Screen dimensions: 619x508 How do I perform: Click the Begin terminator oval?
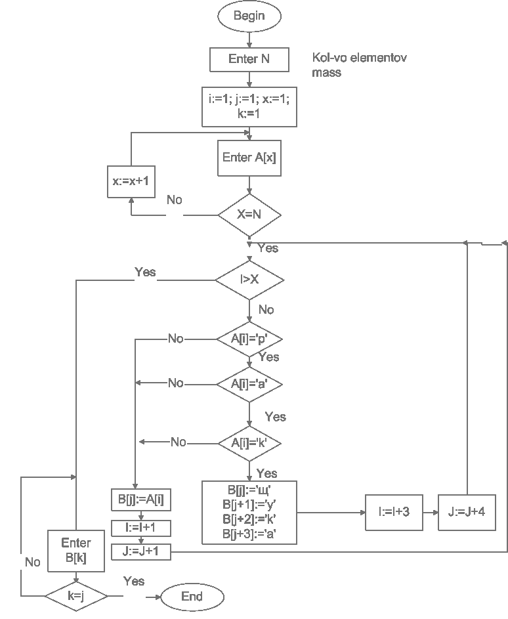(249, 16)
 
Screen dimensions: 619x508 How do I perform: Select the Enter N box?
(249, 59)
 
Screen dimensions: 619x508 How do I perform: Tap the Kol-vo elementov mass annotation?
(359, 66)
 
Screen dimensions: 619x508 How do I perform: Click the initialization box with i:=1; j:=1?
(249, 106)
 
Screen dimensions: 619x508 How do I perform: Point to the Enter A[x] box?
(249, 158)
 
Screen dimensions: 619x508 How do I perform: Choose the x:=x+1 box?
(131, 181)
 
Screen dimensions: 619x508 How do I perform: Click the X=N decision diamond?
(249, 214)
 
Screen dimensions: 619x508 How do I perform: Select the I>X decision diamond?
(249, 280)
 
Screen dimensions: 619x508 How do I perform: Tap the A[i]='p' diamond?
(249, 339)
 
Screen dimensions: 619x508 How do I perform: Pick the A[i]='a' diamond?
(249, 383)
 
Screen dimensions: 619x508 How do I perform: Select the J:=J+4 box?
(467, 512)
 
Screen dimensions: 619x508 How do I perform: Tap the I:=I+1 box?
(141, 527)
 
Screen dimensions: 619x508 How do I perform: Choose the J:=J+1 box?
(141, 552)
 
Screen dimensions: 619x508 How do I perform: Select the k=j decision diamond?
(76, 596)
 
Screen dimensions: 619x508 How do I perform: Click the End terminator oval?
(192, 596)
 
